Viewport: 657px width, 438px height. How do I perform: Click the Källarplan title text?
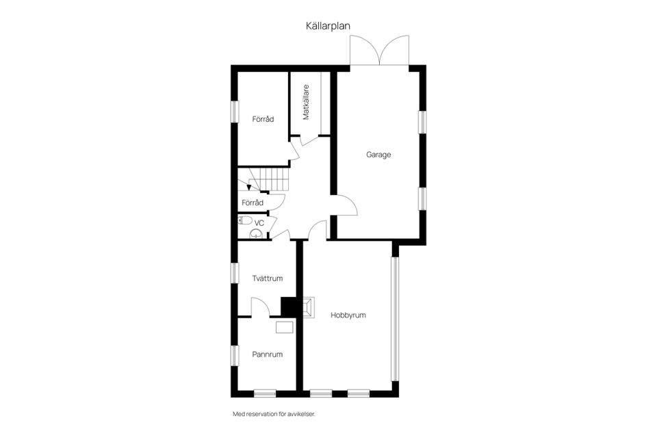coord(328,26)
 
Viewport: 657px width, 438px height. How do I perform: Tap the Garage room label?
coord(378,155)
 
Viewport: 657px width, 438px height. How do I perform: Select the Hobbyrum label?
coord(348,315)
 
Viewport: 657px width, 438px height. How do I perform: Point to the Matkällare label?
coord(306,102)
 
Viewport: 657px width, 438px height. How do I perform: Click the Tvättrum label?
coord(267,278)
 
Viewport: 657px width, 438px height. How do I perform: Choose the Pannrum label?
coord(267,354)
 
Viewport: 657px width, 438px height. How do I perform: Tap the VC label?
coord(259,223)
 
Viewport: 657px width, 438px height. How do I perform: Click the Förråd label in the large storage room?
coord(263,119)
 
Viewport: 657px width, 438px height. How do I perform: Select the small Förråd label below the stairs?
coord(253,203)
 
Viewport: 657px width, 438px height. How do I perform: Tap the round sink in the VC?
coord(255,233)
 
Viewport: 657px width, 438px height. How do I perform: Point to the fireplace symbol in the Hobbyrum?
coord(308,307)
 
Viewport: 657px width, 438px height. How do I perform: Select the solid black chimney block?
coord(288,306)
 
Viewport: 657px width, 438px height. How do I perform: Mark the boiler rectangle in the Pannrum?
coord(285,327)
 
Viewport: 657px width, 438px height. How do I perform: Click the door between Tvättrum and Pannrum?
coord(261,308)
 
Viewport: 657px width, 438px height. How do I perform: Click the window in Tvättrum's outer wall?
coord(233,272)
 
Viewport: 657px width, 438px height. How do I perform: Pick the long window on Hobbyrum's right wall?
coord(394,318)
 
